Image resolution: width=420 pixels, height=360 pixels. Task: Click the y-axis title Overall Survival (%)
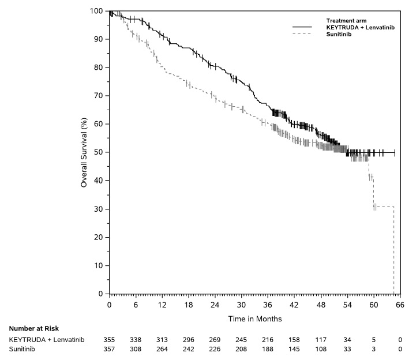pos(84,152)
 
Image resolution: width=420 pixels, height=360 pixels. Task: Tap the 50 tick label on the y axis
pos(99,152)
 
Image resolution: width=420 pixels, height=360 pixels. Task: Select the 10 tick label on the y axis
pos(99,265)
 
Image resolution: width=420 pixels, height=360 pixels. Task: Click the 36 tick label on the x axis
pos(267,305)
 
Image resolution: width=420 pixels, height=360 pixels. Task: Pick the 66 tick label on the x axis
pos(399,305)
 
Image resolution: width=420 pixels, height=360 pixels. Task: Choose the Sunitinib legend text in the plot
pos(339,34)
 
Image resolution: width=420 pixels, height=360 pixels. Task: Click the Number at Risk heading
pos(33,328)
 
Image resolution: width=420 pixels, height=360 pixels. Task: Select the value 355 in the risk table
pos(110,340)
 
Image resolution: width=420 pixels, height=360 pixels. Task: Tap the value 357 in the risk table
pos(110,348)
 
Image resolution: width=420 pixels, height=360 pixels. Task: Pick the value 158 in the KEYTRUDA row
pos(293,340)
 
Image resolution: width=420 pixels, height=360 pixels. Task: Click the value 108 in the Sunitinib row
pos(320,348)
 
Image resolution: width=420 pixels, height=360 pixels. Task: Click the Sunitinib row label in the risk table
pos(22,348)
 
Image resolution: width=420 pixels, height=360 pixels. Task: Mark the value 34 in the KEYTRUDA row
pos(346,340)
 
